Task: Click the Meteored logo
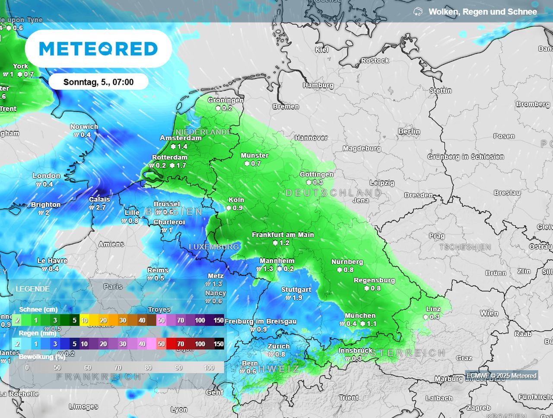coord(98,48)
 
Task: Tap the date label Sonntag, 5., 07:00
coord(99,82)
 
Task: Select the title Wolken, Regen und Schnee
coord(482,12)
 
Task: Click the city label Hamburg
coord(318,85)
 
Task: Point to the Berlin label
coord(409,131)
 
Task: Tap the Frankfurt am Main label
coord(283,235)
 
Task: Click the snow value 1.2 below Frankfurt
coord(284,243)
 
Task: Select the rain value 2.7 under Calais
coord(100,207)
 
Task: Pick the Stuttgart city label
coord(296,290)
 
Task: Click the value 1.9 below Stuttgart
coord(297,297)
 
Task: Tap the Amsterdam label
coord(181,138)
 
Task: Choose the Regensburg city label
coord(374,280)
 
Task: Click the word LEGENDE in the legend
coord(32,289)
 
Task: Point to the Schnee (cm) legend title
coord(38,309)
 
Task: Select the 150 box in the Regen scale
coord(219,344)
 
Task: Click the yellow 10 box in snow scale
coord(84,320)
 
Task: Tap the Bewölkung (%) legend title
coord(42,357)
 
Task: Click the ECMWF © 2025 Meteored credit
coord(501,376)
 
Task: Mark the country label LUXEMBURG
coord(213,247)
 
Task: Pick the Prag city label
coord(436,236)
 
